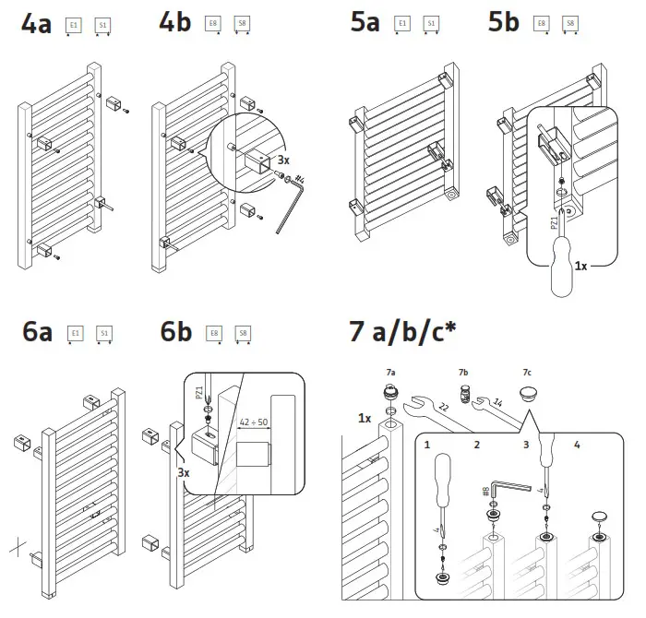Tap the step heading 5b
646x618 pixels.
(503, 23)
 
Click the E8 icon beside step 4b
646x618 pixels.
(214, 26)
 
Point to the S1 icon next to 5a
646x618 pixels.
(431, 24)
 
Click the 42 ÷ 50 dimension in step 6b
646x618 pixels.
(254, 422)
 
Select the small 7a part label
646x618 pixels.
(390, 372)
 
